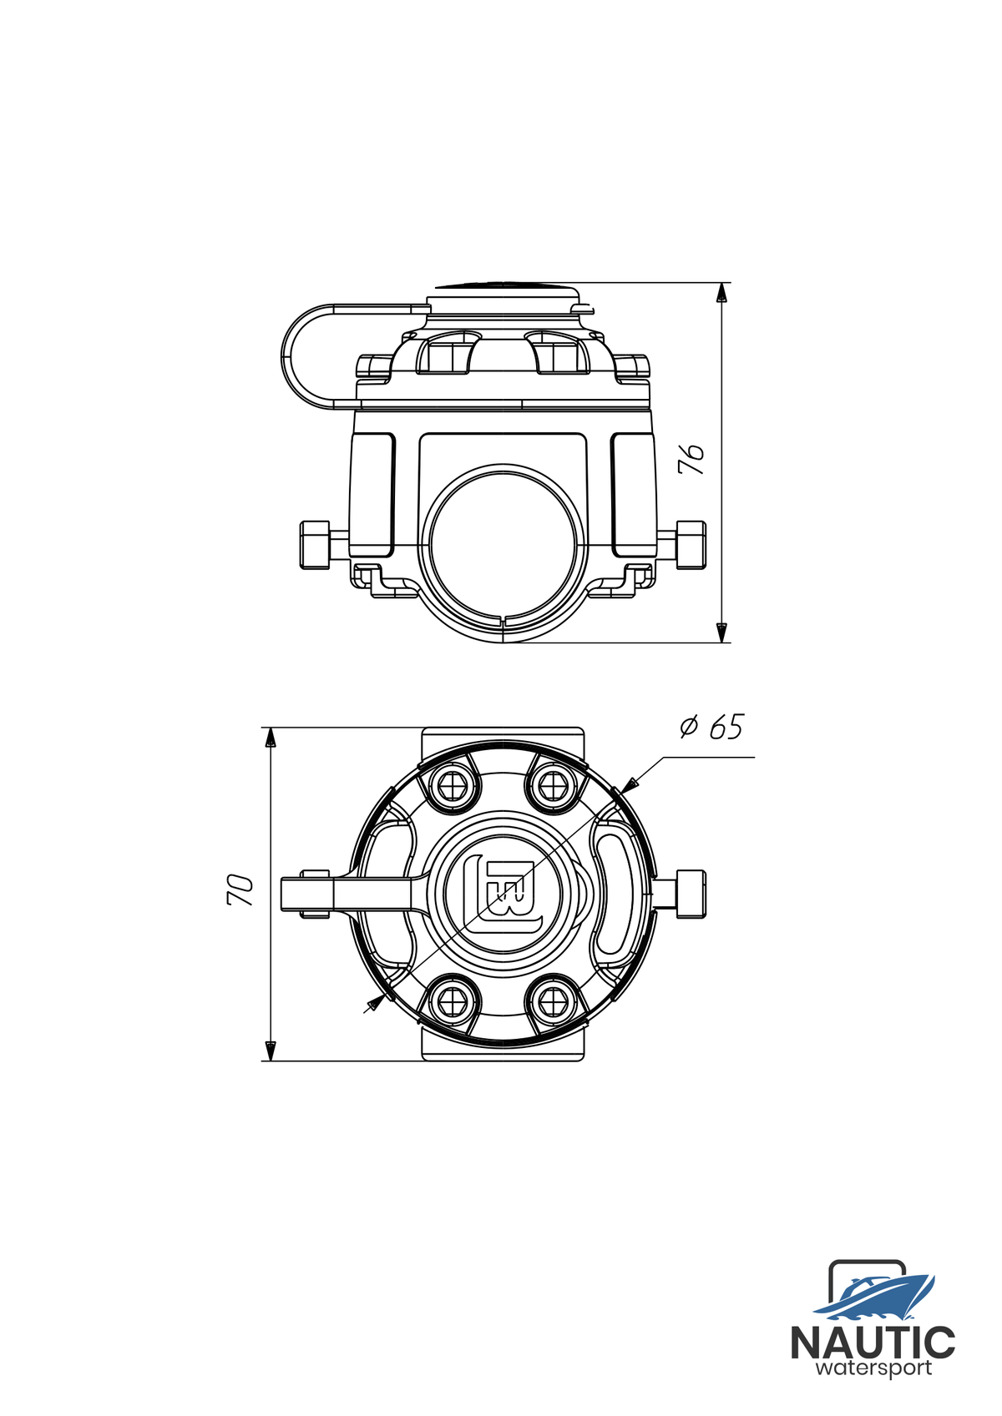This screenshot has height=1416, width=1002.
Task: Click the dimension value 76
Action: pyautogui.click(x=691, y=460)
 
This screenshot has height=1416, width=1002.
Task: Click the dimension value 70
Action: pyautogui.click(x=240, y=890)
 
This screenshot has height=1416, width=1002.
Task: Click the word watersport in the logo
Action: pyautogui.click(x=874, y=1369)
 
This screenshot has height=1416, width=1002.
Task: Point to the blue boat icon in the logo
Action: pyautogui.click(x=876, y=1298)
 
